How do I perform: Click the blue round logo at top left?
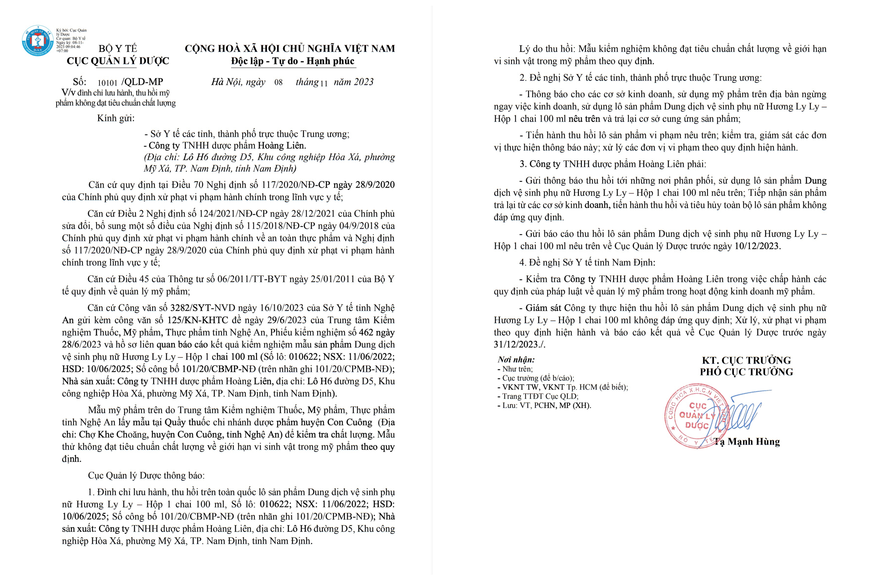point(37,41)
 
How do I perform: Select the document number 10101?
point(107,82)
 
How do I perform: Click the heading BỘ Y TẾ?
point(118,48)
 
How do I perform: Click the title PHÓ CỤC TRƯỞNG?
point(746,372)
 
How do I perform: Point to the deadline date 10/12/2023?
point(757,246)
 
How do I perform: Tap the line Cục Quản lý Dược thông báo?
point(146,475)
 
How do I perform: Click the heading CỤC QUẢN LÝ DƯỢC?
point(118,61)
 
